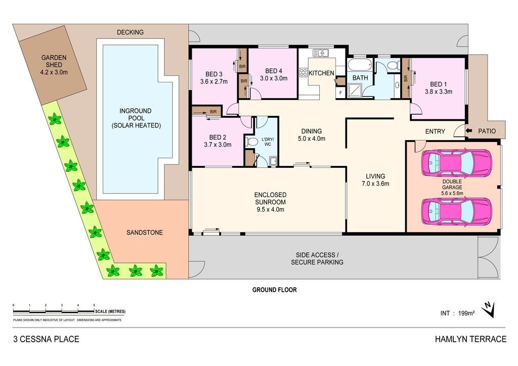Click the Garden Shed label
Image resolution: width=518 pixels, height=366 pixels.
[54, 61]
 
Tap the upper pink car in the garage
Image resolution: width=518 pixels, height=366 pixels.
[457, 163]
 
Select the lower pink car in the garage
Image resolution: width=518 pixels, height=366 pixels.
[457, 211]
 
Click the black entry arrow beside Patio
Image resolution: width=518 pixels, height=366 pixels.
[469, 131]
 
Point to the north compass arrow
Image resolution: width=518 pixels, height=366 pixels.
[488, 310]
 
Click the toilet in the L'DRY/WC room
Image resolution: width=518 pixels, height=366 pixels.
[251, 142]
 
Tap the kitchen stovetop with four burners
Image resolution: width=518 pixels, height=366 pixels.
[304, 73]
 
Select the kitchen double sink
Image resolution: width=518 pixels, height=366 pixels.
[320, 53]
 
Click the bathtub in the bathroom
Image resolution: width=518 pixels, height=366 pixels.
[360, 65]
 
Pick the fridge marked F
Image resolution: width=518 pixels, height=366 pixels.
[340, 93]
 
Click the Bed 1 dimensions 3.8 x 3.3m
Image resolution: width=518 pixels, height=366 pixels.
[439, 91]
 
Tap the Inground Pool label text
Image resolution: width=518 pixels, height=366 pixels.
[136, 118]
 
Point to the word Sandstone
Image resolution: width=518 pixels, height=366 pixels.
[145, 233]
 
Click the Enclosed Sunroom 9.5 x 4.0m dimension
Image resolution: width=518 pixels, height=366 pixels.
[270, 209]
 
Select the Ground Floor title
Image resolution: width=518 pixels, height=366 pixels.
[275, 290]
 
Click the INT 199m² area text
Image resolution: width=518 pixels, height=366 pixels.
[457, 313]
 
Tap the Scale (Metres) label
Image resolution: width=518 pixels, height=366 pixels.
[110, 311]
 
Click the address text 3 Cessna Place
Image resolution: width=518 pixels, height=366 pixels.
[46, 339]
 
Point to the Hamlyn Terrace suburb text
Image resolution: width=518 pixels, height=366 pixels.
[470, 339]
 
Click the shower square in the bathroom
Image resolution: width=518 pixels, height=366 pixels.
[355, 90]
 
